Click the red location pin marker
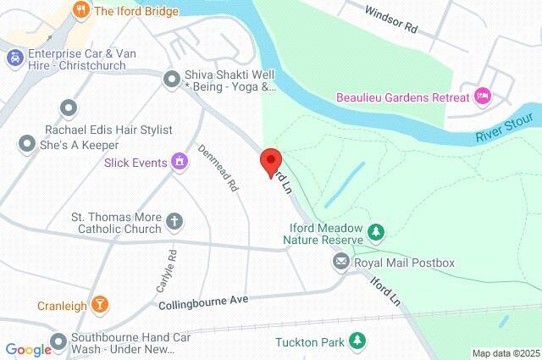tap(270, 162)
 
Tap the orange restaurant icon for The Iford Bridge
tap(81, 11)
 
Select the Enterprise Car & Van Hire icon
tap(14, 58)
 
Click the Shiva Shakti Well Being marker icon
tap(171, 76)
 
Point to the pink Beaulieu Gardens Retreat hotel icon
tap(482, 95)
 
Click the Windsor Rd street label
tap(391, 20)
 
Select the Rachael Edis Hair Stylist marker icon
tap(68, 108)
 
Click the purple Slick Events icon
tap(180, 161)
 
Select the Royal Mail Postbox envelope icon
tap(341, 263)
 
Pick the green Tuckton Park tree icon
tap(358, 341)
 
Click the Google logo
tap(28, 350)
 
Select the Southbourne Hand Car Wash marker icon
tap(58, 342)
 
